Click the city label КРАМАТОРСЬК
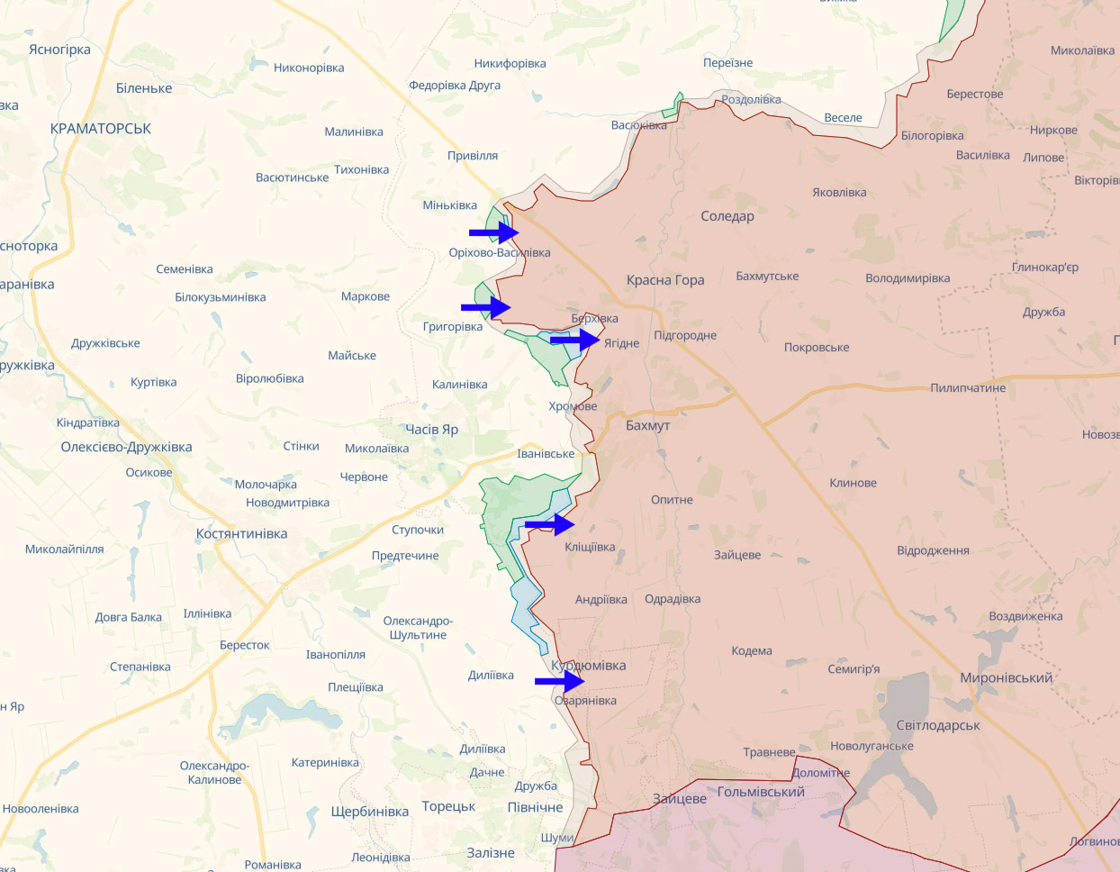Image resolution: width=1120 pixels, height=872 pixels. click(101, 129)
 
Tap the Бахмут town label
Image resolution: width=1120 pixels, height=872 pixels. click(647, 425)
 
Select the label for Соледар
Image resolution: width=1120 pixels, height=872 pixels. click(727, 216)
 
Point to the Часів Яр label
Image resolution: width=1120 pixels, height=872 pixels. click(431, 430)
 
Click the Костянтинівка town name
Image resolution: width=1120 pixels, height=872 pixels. click(241, 533)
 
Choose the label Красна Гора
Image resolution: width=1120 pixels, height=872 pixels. click(665, 280)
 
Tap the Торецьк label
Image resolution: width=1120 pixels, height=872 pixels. click(448, 806)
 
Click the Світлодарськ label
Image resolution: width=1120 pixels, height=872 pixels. click(938, 725)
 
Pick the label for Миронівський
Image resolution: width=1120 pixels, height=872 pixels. click(1006, 677)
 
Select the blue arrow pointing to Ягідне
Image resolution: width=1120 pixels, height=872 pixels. click(575, 341)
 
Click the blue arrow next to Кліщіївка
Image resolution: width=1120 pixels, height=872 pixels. click(549, 524)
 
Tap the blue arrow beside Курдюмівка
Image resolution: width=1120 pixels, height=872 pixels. click(559, 682)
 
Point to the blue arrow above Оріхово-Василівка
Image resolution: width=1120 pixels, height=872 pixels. click(493, 232)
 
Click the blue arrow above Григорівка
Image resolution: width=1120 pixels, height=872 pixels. click(486, 307)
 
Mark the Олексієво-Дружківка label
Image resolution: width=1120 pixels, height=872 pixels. click(126, 447)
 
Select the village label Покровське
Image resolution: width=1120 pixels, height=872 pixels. click(817, 348)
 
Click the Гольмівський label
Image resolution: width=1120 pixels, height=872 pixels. click(761, 792)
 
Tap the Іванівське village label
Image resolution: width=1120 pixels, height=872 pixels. click(546, 454)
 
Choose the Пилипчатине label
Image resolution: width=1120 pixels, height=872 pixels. click(968, 388)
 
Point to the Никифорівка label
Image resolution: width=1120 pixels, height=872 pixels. click(510, 64)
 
